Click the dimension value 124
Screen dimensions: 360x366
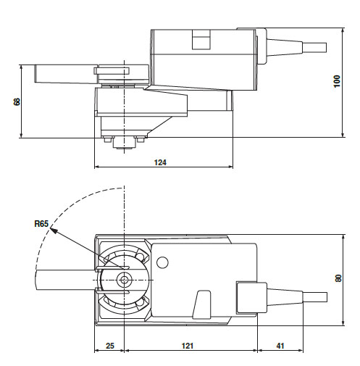click(160, 162)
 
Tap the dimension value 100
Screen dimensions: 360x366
click(337, 81)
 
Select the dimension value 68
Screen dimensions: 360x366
click(17, 101)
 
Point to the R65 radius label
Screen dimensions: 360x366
click(41, 224)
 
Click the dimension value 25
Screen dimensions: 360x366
click(110, 346)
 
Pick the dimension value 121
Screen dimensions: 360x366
click(188, 346)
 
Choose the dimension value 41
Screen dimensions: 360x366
click(280, 346)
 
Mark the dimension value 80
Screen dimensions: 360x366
click(338, 278)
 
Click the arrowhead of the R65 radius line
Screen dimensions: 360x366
click(54, 230)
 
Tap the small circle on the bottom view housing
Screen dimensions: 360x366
click(162, 262)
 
